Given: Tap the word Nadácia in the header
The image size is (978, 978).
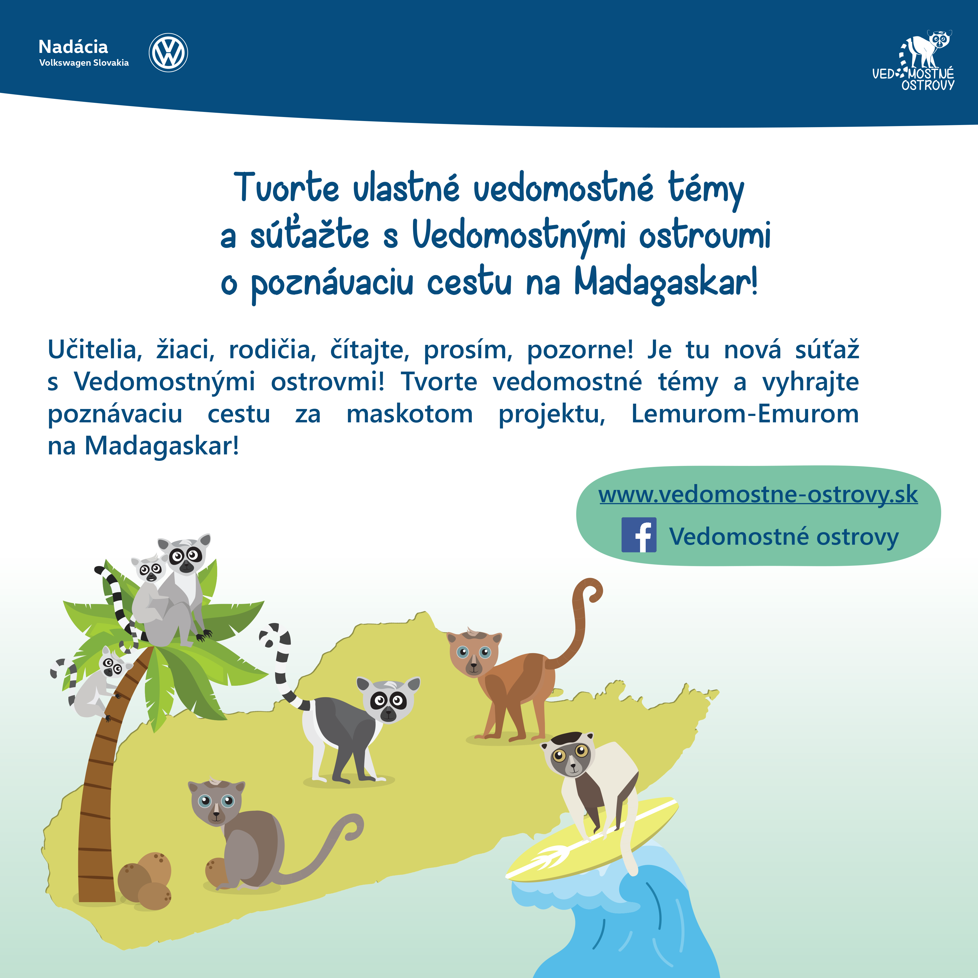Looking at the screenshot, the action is point(73,46).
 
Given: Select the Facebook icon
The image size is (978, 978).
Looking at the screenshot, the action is point(639,535).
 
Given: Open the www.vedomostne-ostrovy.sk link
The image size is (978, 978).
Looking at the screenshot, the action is point(758,494).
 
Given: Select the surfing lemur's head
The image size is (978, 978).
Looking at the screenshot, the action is point(568,754).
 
